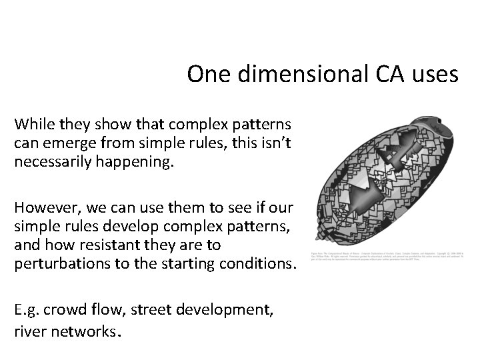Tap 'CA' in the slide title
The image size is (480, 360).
(x=392, y=74)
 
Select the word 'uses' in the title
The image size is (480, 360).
(x=436, y=74)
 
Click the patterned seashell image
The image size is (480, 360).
(x=384, y=180)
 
